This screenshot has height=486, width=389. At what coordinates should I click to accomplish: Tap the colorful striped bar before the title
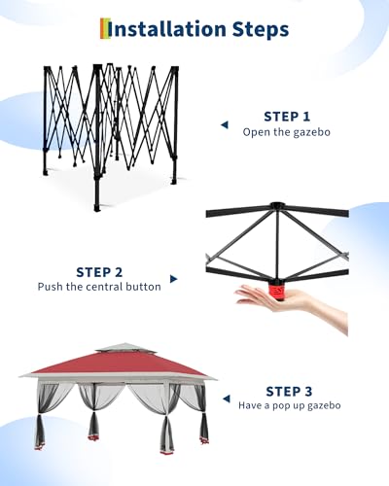[103, 29]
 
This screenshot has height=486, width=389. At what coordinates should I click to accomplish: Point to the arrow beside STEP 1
[224, 124]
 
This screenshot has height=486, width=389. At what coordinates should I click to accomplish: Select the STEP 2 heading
[99, 271]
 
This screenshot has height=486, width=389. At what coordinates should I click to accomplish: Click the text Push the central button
[99, 287]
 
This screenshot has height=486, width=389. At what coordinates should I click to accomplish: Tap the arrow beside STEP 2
[173, 280]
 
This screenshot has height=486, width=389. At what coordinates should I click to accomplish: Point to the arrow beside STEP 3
[225, 399]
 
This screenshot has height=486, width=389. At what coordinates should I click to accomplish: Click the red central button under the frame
[278, 289]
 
